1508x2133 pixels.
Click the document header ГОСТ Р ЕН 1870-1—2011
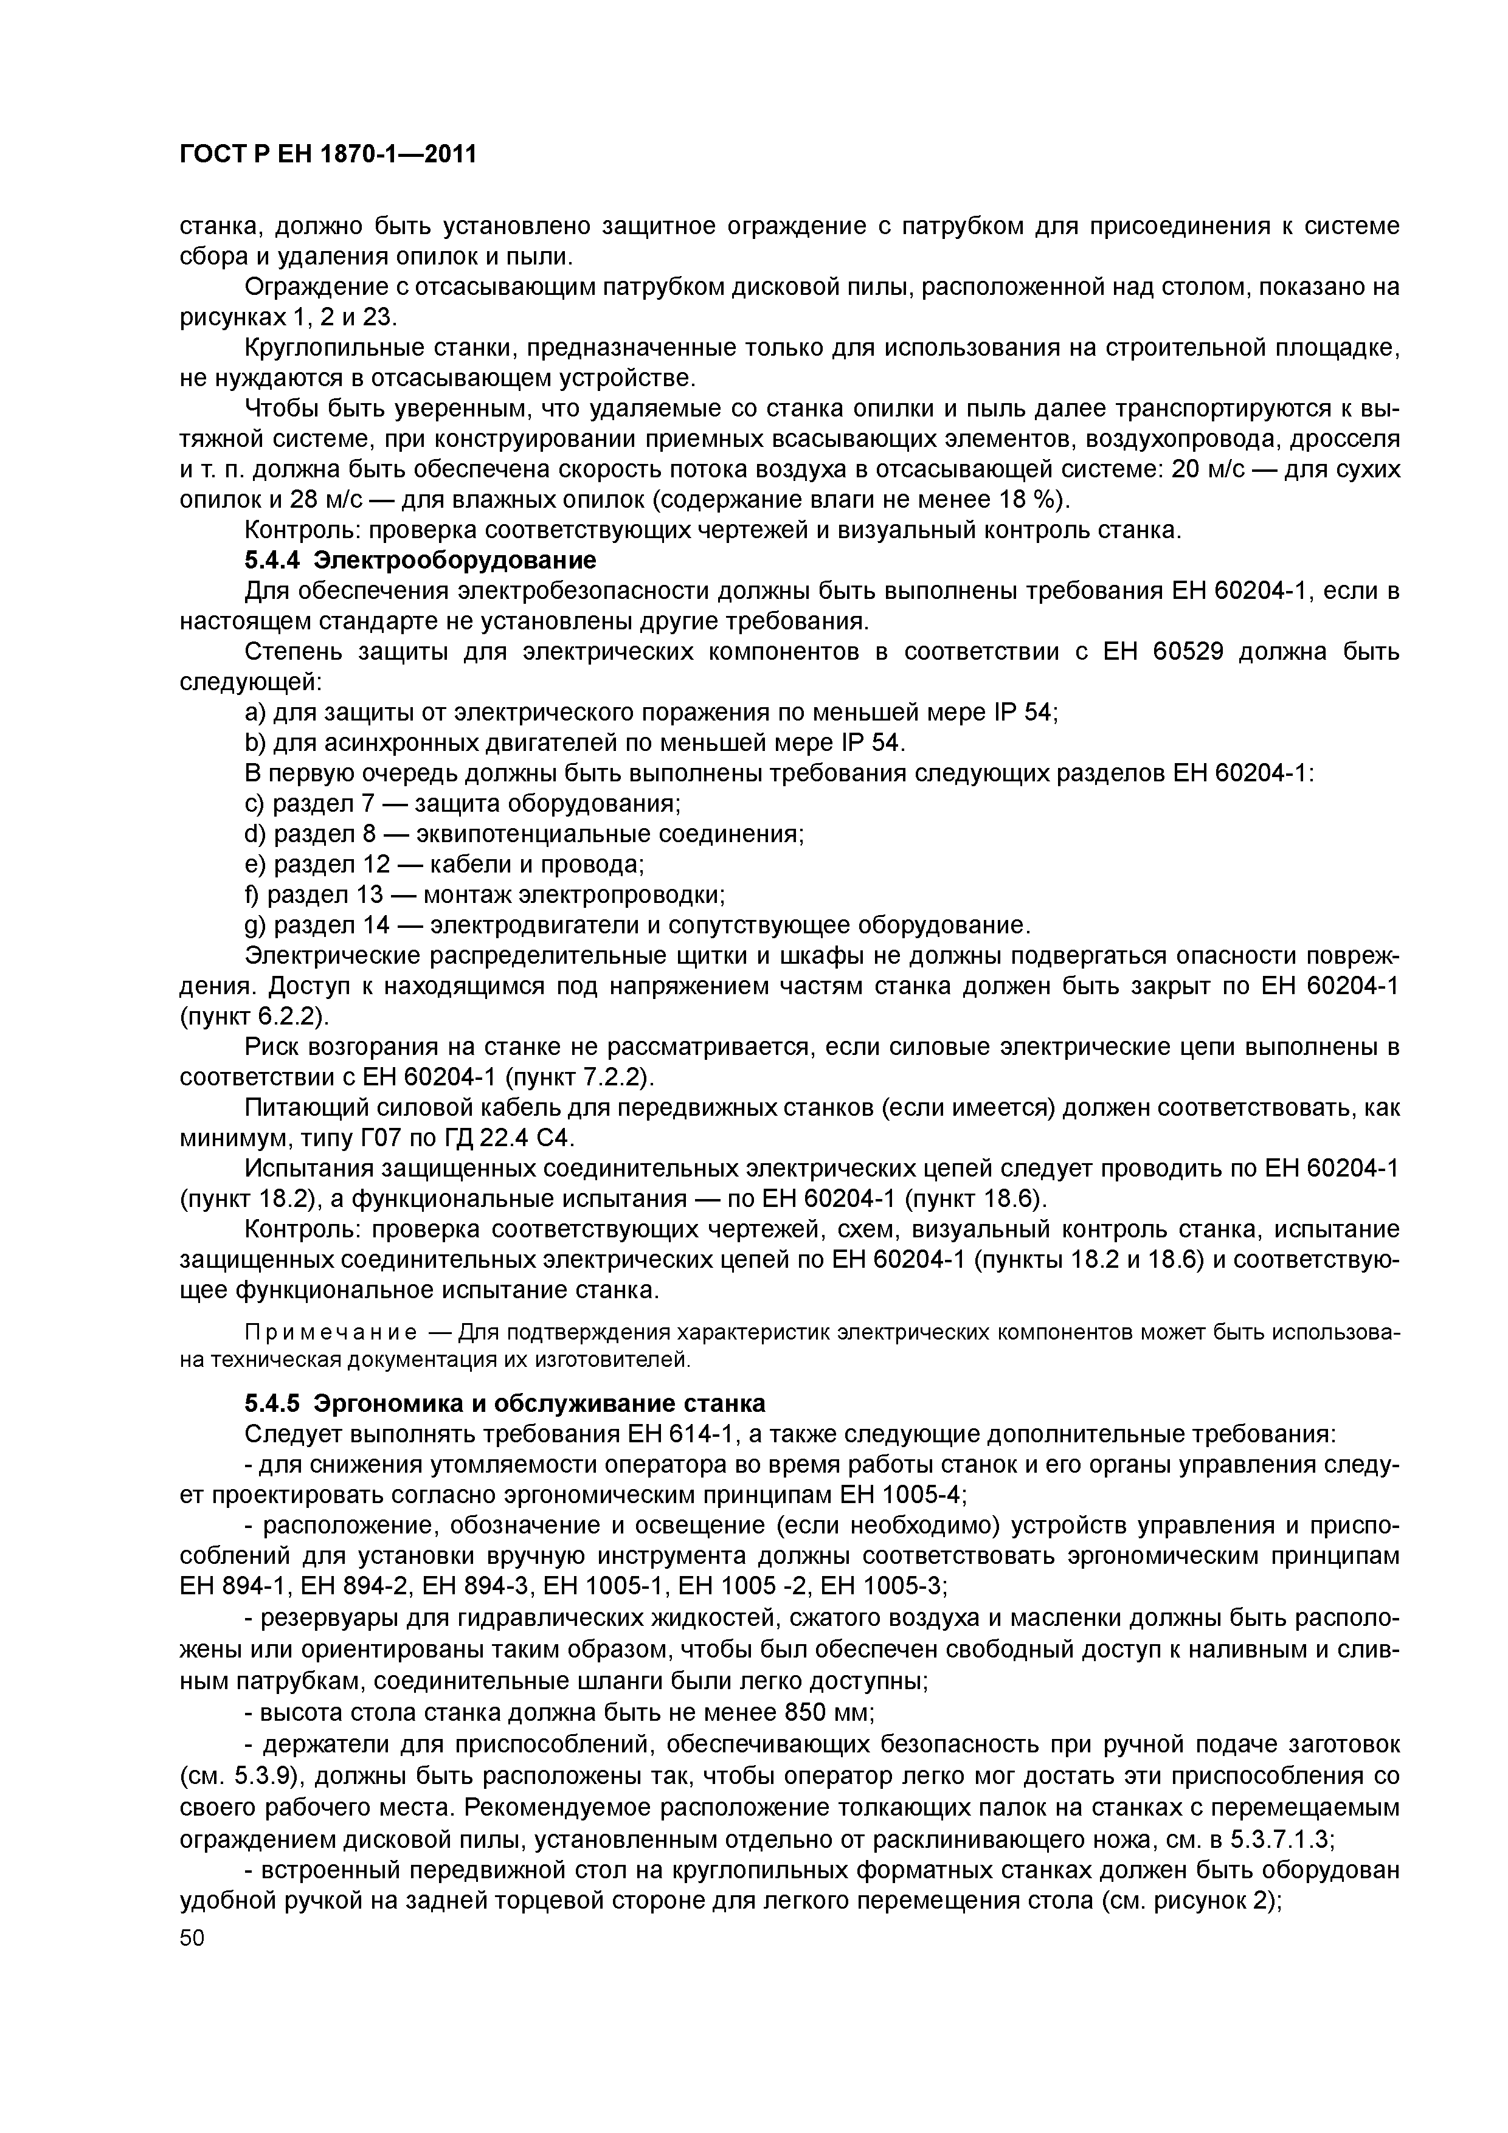pyautogui.click(x=327, y=154)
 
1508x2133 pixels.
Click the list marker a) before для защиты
pyautogui.click(x=255, y=713)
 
